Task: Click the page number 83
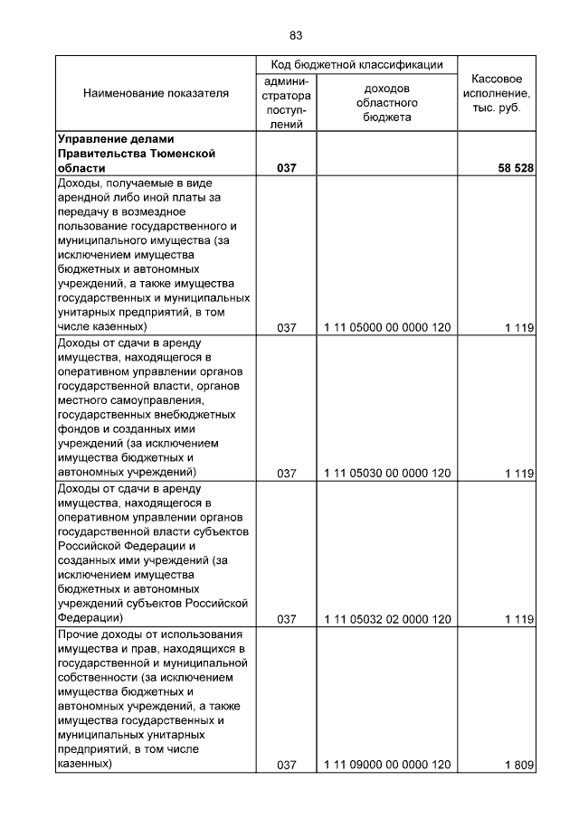295,35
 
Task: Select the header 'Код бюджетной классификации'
356,65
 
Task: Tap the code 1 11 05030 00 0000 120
386,474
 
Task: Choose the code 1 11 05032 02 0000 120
386,619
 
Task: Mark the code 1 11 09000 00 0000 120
386,766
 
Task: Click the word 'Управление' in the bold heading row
90,139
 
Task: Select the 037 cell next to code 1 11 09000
287,766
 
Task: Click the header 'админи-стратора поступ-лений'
287,103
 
